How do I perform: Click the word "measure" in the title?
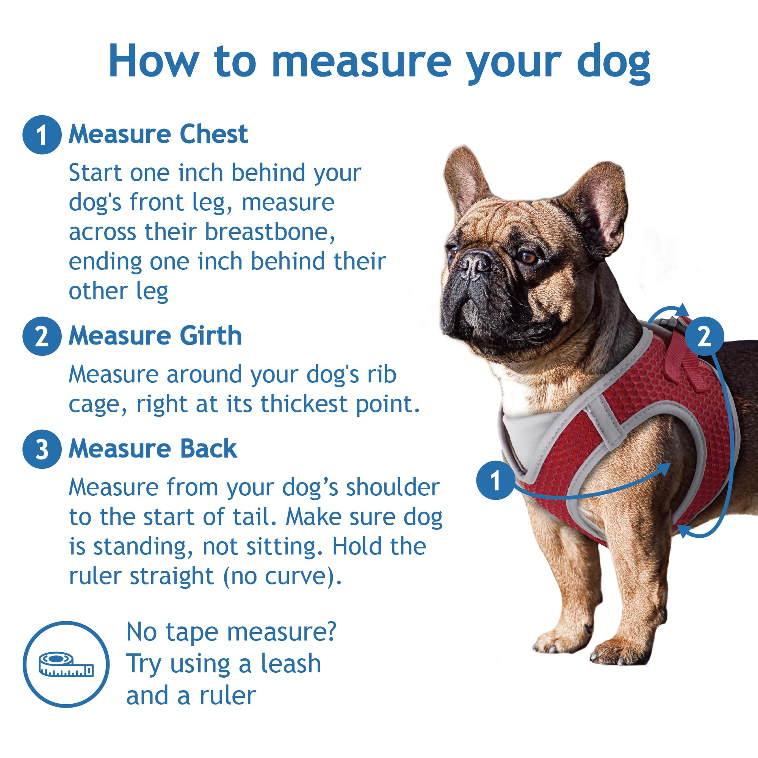pos(361,62)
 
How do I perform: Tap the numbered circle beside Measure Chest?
pos(42,135)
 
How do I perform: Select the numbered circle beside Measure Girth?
pos(42,336)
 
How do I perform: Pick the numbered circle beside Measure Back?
pos(42,449)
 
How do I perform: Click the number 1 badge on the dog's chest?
pos(495,480)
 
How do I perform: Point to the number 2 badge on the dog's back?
pos(704,336)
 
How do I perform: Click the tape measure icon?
pos(66,665)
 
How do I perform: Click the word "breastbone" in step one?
pos(269,232)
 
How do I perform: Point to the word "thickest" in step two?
pos(304,404)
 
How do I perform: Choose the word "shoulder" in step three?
pos(392,487)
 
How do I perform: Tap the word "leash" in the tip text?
pos(291,664)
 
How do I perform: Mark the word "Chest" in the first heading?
pos(214,135)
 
